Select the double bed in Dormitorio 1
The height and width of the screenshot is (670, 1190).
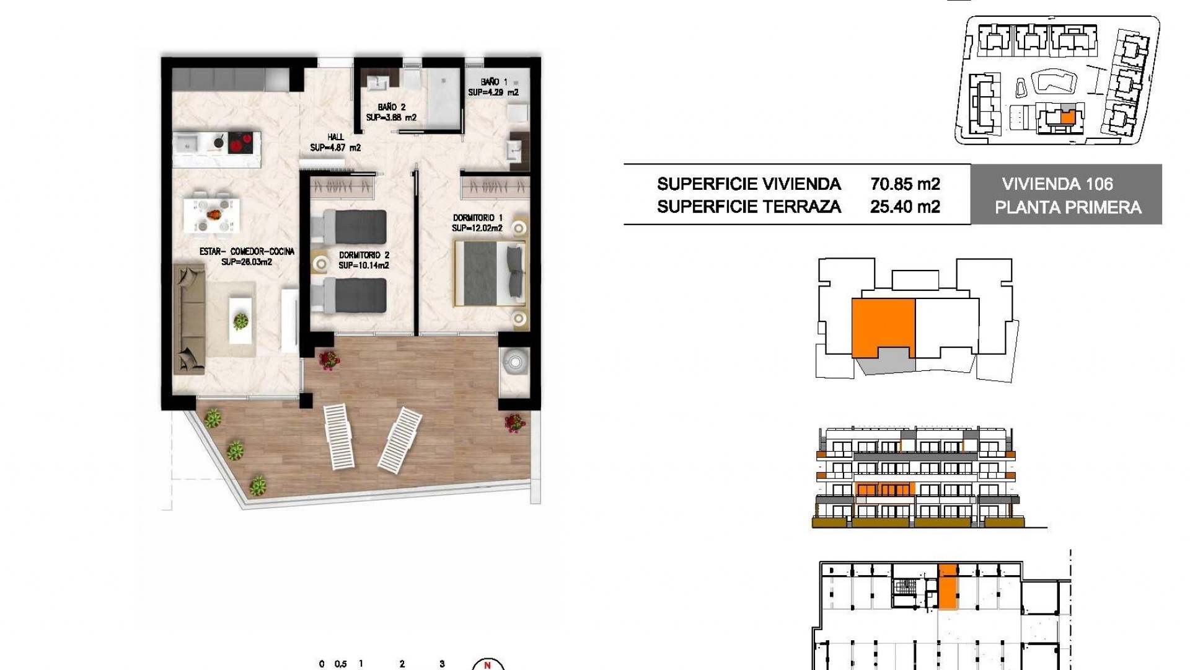pos(490,274)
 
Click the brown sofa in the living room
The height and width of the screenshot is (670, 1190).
pos(189,318)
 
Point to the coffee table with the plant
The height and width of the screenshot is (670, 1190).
pos(240,320)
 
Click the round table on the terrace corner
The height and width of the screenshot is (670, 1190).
pos(514,360)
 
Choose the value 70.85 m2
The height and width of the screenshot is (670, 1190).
pos(905,184)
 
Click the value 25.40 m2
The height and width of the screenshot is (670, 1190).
pos(905,207)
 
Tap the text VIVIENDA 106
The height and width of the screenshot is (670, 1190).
pos(1057,184)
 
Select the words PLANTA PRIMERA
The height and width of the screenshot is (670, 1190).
pos(1068,207)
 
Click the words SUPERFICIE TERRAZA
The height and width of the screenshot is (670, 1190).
pos(749,207)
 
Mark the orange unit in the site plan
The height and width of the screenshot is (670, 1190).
pos(1067,117)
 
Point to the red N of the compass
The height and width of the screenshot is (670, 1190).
pos(488,665)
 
